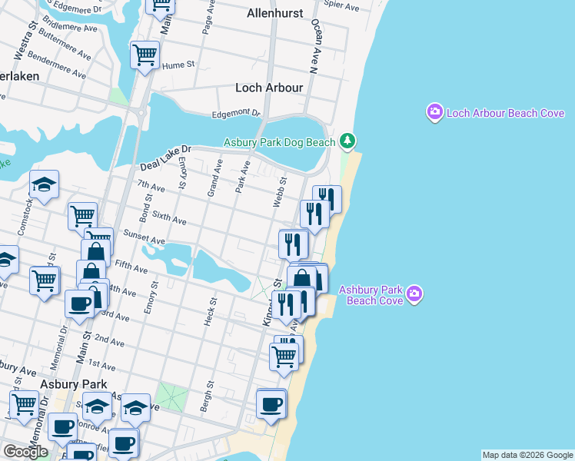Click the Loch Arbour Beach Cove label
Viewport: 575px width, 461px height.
click(506, 114)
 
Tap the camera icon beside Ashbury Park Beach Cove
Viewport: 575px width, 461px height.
click(415, 294)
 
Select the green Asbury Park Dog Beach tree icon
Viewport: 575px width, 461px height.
click(347, 141)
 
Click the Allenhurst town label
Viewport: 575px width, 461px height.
click(275, 13)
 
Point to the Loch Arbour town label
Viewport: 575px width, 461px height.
click(269, 88)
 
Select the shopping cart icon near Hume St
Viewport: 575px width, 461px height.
click(144, 55)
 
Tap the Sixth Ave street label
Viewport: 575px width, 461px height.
click(169, 220)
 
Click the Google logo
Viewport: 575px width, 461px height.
click(25, 452)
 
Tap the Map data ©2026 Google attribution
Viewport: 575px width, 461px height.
click(527, 455)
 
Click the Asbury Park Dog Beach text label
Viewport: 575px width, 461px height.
click(279, 142)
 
